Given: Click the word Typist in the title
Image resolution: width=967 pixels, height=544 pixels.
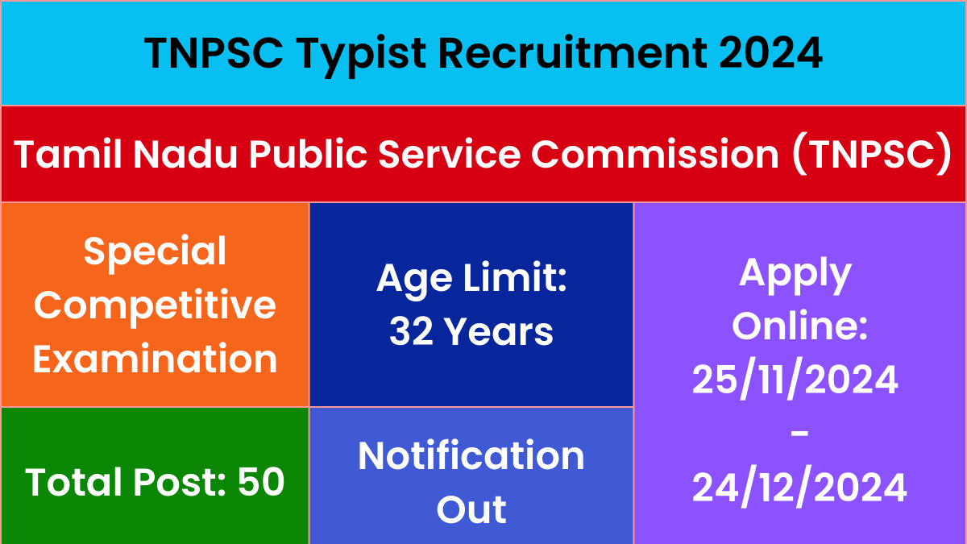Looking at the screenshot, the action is pos(361,55).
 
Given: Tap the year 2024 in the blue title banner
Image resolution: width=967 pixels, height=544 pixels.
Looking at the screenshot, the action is pos(770,52).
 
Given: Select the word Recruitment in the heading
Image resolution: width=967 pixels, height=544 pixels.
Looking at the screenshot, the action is pos(573,52).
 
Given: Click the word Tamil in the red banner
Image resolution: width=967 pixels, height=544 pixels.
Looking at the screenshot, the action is pos(68,154).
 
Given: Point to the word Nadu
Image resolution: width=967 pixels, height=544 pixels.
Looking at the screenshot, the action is pos(185,154).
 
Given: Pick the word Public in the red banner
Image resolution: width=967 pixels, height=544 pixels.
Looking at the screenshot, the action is pos(308,154).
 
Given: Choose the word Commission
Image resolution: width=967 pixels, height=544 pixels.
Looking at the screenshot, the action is pos(655,154).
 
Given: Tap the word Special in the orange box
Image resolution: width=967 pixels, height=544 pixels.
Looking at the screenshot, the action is pos(155,253).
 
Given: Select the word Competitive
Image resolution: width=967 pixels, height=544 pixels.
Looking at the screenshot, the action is pos(155,307).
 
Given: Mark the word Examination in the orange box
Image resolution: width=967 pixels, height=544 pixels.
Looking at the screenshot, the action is pos(155,359).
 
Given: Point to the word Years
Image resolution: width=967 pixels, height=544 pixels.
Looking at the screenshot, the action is pos(499,331).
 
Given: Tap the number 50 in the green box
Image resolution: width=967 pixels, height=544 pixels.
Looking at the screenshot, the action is pos(261,482).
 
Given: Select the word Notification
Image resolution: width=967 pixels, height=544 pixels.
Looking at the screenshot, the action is pos(471,456).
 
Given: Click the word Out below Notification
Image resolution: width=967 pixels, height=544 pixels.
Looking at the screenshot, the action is pos(471,509).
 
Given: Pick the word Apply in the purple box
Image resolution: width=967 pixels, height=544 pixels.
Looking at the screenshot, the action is pos(795,275).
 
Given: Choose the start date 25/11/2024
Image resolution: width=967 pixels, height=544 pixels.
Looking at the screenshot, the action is pos(795,380).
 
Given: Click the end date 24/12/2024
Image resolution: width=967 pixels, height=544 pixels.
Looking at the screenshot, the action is pos(799,487).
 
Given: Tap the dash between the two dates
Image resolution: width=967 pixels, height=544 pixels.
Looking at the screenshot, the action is pos(799,433).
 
